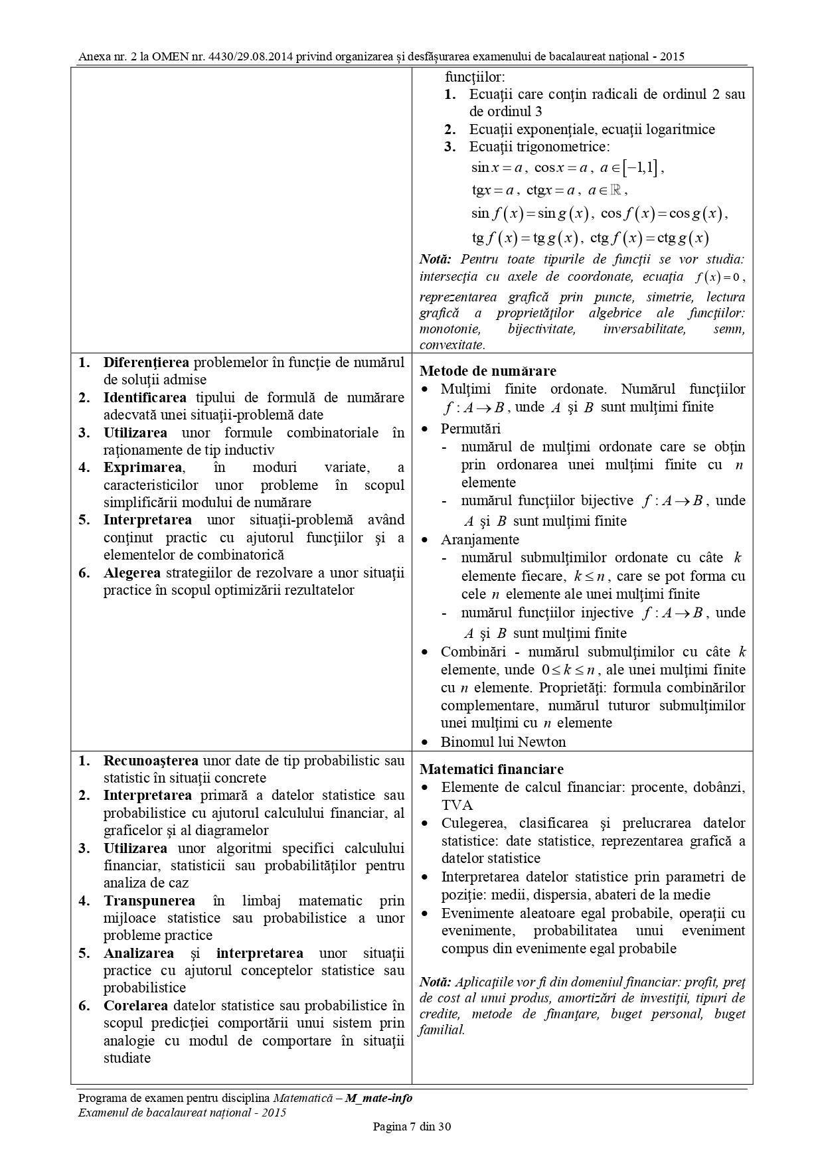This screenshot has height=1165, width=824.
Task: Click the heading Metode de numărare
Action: click(x=488, y=371)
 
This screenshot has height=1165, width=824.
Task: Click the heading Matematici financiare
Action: click(x=491, y=769)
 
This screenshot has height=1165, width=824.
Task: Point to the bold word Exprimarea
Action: click(x=142, y=467)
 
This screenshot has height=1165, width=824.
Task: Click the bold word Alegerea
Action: click(x=131, y=573)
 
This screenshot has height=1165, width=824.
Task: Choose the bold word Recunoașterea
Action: click(x=151, y=761)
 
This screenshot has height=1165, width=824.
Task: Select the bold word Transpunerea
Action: click(x=149, y=901)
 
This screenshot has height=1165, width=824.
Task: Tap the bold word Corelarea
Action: click(x=135, y=1006)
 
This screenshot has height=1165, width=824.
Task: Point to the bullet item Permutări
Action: click(x=470, y=429)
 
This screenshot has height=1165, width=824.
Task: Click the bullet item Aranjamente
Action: click(x=479, y=540)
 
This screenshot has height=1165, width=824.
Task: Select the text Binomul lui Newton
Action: click(x=503, y=742)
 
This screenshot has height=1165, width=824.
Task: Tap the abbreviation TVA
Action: click(x=457, y=805)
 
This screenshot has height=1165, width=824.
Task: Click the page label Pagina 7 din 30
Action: click(x=412, y=1126)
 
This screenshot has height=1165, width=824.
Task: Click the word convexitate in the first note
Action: click(x=452, y=345)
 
